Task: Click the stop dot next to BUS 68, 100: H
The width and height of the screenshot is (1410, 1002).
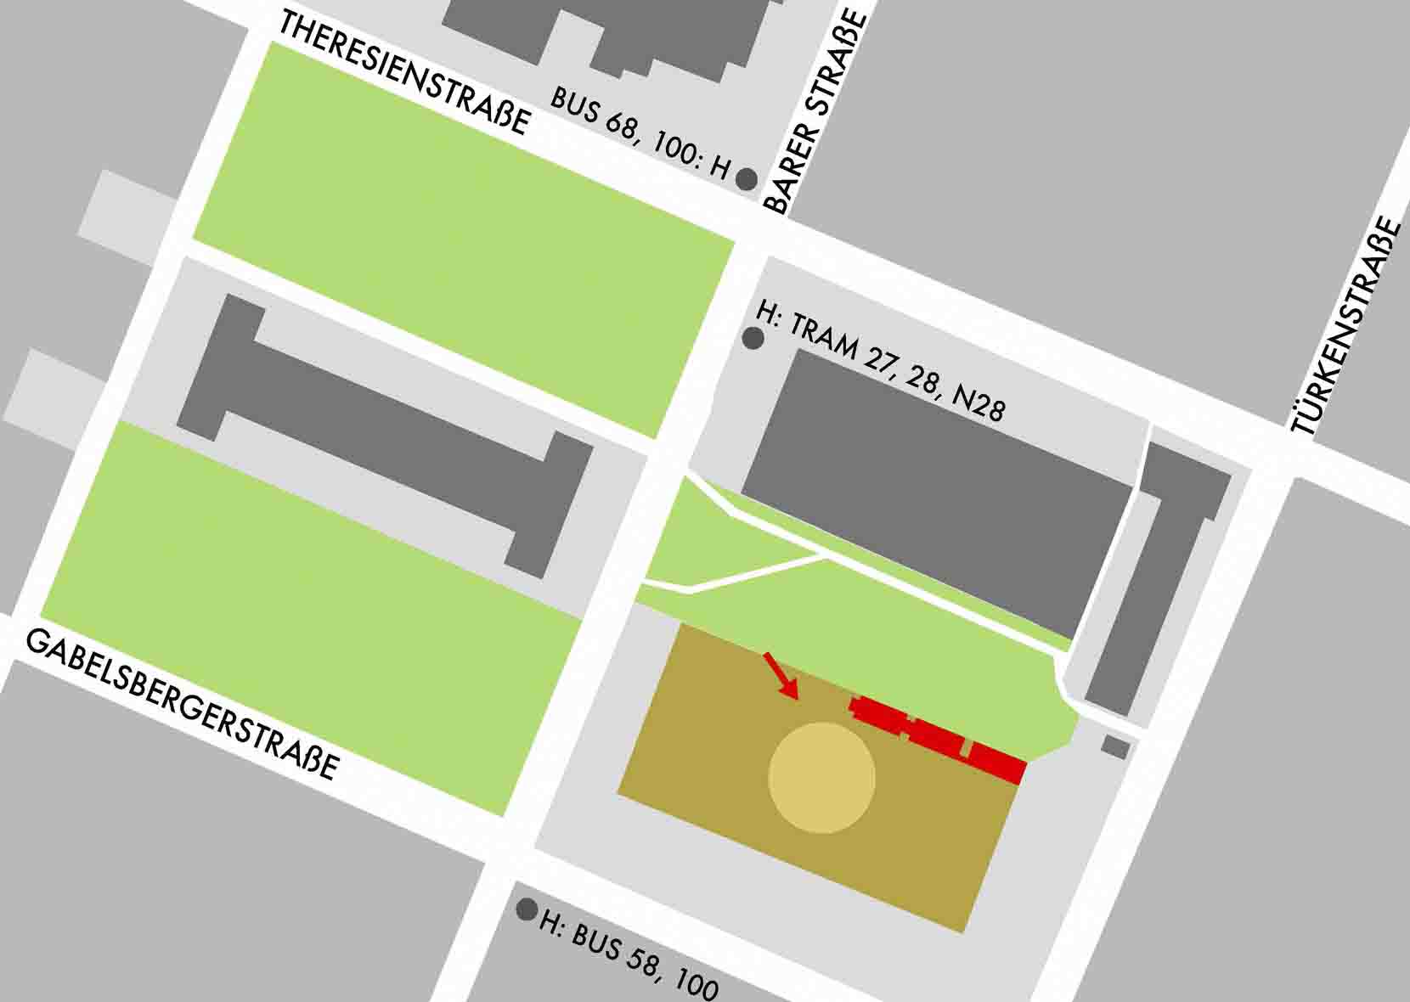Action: pos(746,179)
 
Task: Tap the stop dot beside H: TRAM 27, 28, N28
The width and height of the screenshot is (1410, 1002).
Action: pos(753,339)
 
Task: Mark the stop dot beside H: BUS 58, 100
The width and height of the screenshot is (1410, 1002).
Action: pos(527,910)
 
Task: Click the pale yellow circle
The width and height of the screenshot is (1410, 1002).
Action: pos(821,778)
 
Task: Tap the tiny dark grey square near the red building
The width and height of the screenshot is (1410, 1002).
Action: pos(1115,747)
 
